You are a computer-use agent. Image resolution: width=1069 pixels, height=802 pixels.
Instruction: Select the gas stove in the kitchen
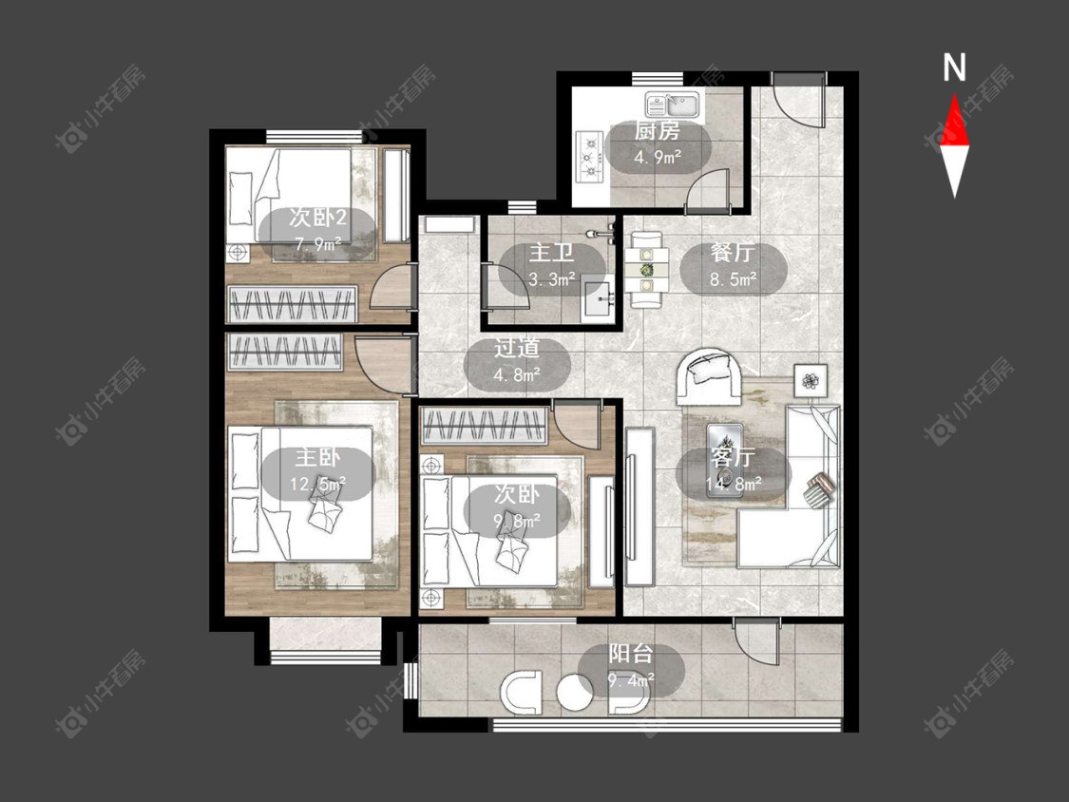point(590,156)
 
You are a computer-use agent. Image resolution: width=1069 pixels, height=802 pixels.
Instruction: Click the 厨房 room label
point(658,130)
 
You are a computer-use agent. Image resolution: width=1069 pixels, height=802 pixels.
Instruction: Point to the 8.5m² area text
point(734,278)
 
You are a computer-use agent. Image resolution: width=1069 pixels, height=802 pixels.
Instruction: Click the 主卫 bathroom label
point(551,253)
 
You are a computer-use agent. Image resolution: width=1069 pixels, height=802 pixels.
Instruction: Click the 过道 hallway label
point(517,348)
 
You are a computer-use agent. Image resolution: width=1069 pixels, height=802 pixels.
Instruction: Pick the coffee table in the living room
point(725,460)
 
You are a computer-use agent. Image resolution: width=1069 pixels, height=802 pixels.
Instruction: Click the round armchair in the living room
point(709,376)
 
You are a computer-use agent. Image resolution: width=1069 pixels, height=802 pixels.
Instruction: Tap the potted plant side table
point(811,380)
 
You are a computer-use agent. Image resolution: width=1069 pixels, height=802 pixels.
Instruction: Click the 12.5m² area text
point(317,484)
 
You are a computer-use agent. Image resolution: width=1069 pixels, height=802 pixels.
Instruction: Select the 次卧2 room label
point(317,218)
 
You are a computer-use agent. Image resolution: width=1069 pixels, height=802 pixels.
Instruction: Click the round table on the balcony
point(575,693)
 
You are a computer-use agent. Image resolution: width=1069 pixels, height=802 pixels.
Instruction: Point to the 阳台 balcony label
point(631,654)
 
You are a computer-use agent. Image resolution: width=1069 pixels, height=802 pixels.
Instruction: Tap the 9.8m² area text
point(517,521)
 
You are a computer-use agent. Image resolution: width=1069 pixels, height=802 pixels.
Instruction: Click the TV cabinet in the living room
point(640,506)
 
